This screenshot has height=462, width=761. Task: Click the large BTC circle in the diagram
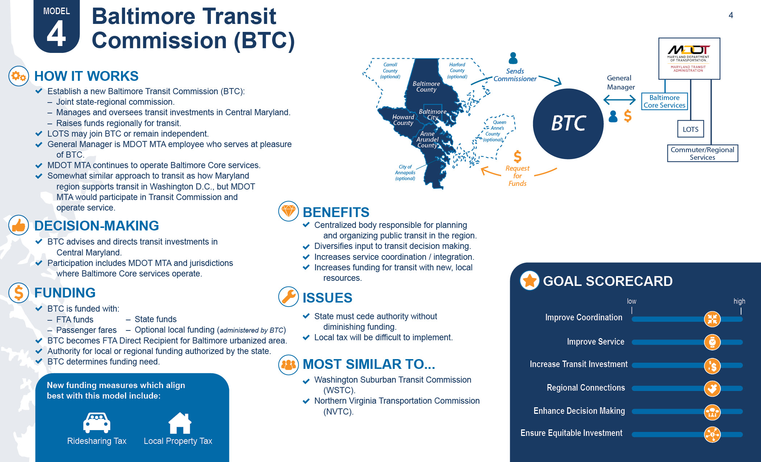[x=568, y=124]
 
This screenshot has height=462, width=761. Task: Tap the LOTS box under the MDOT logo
[x=690, y=129]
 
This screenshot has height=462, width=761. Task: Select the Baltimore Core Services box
[x=664, y=101]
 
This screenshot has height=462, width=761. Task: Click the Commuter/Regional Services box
[x=702, y=153]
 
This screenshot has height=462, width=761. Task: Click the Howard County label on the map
[x=403, y=120]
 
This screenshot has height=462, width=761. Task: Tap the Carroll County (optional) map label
[x=390, y=71]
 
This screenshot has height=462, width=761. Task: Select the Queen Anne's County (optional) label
[x=495, y=131]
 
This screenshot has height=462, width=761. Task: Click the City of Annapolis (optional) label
[x=405, y=172]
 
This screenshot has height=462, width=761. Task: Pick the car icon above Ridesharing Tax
[x=96, y=423]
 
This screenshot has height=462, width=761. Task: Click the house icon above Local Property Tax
[x=179, y=423]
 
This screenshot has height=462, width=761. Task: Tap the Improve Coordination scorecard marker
[x=712, y=319]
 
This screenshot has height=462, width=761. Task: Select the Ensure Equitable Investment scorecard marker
[x=712, y=434]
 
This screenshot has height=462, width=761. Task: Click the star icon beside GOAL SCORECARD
[x=529, y=280]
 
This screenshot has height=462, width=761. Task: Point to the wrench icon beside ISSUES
[x=288, y=297]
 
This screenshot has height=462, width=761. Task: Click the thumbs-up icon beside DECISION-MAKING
[x=18, y=225]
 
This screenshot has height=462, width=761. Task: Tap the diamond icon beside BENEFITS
[x=288, y=211]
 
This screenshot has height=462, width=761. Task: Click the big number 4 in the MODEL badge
[x=56, y=34]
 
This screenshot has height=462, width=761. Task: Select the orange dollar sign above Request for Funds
[x=517, y=157]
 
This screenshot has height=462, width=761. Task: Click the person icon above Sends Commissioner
[x=513, y=58]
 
